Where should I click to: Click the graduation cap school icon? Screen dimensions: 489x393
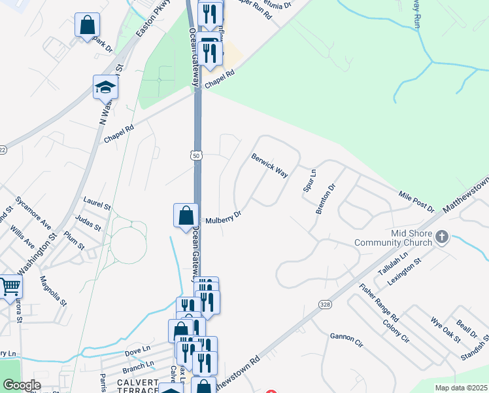105,87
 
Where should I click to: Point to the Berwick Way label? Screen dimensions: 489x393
270,165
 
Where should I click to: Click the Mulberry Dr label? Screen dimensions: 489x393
224,217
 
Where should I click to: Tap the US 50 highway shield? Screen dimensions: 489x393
197,155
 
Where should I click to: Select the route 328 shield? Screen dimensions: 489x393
324,305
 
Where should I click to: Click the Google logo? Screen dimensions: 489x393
21,385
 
